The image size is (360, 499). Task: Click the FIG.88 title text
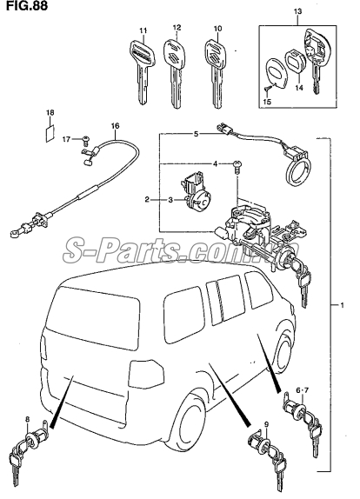pos(27,6)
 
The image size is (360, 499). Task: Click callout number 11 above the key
pos(143,30)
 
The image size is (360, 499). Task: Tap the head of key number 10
pos(215,52)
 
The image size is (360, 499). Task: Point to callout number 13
pos(297,12)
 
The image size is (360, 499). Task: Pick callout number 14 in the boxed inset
pos(300,88)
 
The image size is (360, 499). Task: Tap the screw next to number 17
pos(86,139)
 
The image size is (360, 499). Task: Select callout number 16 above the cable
pos(115,126)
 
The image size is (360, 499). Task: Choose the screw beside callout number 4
pos(237,165)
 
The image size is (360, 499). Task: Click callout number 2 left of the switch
pos(147,200)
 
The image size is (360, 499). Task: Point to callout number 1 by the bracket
pos(342,305)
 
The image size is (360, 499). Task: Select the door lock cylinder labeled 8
pos(30,445)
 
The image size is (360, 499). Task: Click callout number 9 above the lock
pos(266,424)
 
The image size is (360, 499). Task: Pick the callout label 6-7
pos(302,390)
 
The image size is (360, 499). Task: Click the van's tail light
pos(146,374)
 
